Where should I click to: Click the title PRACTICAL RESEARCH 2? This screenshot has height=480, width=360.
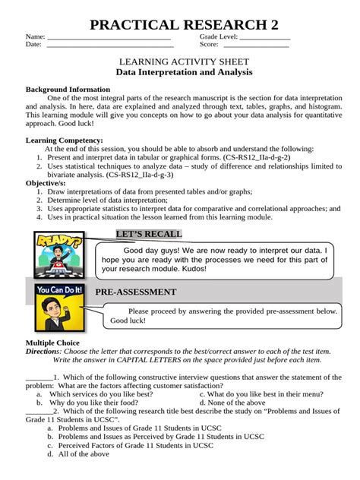pyautogui.click(x=180, y=25)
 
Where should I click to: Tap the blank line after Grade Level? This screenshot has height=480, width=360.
pyautogui.click(x=264, y=37)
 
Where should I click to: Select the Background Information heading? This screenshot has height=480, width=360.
pyautogui.click(x=68, y=89)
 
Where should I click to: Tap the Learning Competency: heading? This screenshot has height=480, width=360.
pyautogui.click(x=65, y=141)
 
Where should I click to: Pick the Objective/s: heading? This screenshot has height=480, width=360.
pyautogui.click(x=46, y=183)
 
